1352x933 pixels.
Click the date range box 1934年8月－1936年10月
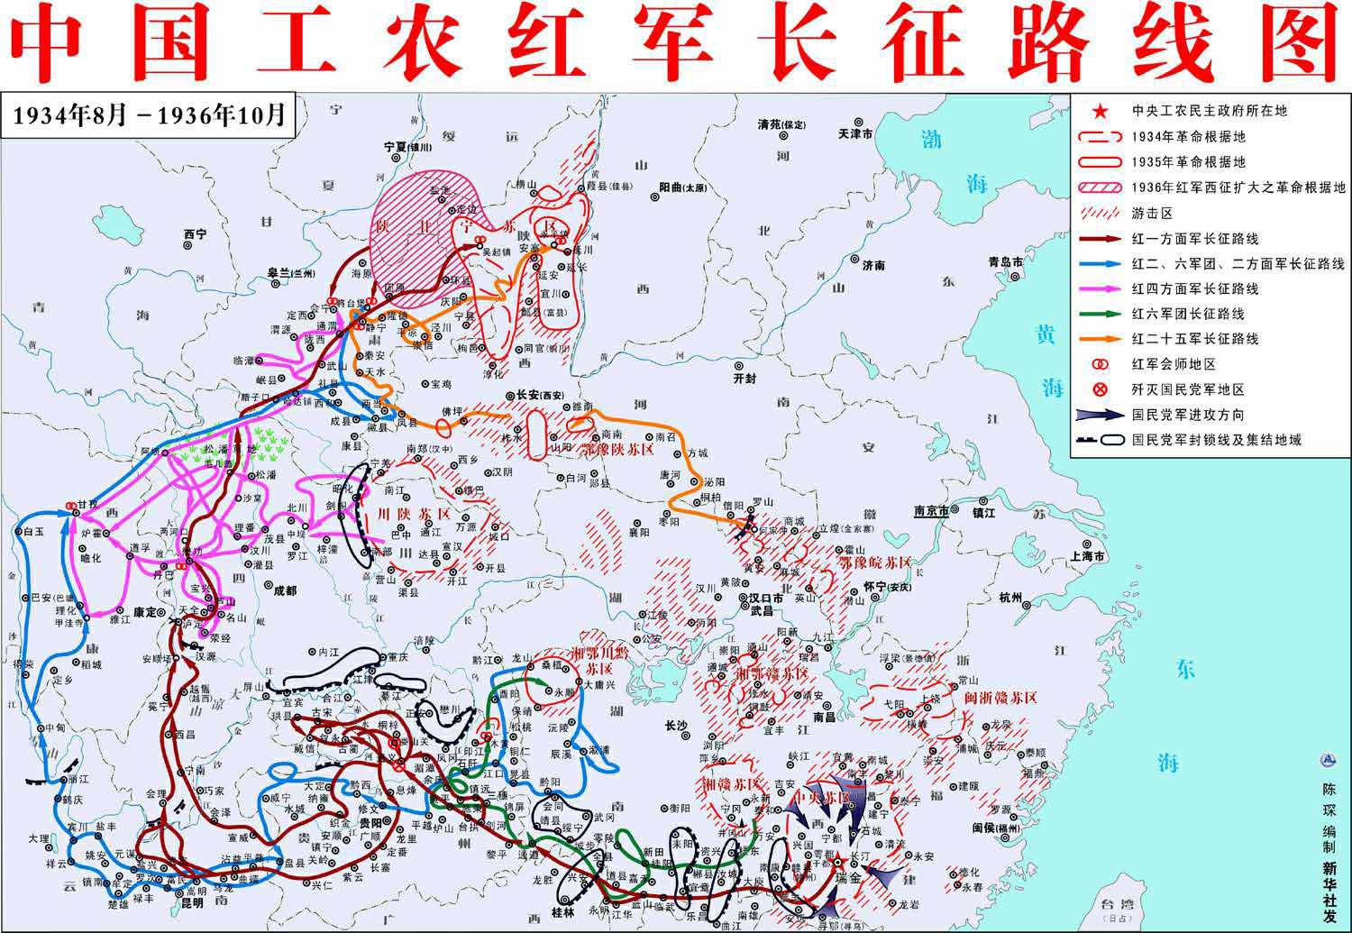pyautogui.click(x=150, y=114)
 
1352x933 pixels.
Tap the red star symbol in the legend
pyautogui.click(x=1100, y=112)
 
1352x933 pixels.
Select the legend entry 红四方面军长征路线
pyautogui.click(x=1194, y=288)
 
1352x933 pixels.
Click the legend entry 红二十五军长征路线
pyautogui.click(x=1194, y=339)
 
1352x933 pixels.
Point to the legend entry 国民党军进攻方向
pyautogui.click(x=1188, y=415)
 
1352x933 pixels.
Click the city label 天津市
pyautogui.click(x=854, y=133)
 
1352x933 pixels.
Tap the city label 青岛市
pyautogui.click(x=1006, y=261)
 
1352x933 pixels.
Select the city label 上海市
pyautogui.click(x=1087, y=556)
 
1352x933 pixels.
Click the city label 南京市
pyautogui.click(x=932, y=510)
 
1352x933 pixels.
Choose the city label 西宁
pyautogui.click(x=195, y=233)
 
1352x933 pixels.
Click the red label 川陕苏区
pyautogui.click(x=414, y=514)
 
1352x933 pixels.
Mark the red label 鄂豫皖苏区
pyautogui.click(x=874, y=562)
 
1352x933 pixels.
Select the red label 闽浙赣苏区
pyautogui.click(x=1000, y=697)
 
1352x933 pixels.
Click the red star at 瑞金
pyautogui.click(x=837, y=858)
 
